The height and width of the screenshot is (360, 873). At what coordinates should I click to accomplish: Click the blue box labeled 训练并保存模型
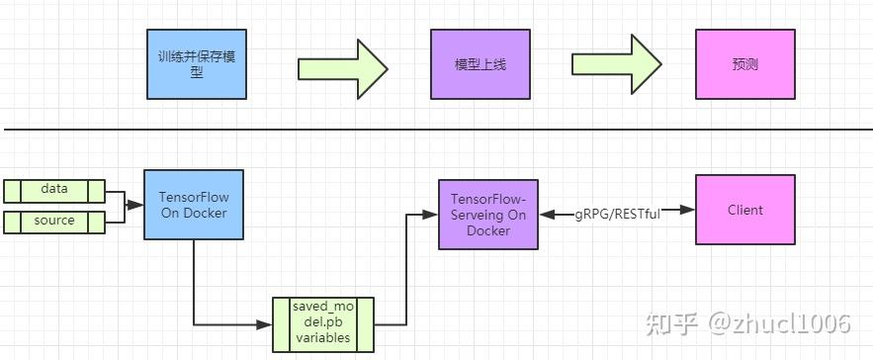[196, 64]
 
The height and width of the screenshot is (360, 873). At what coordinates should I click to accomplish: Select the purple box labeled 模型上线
[480, 64]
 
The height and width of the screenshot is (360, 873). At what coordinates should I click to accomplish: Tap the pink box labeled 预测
[744, 64]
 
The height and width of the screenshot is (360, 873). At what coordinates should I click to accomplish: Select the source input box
[54, 222]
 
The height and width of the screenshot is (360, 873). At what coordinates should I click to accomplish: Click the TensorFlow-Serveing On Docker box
[487, 215]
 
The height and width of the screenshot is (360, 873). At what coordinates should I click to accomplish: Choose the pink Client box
[744, 210]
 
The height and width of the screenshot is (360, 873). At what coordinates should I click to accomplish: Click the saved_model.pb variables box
[323, 323]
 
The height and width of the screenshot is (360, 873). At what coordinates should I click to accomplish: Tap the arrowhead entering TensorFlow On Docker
[139, 205]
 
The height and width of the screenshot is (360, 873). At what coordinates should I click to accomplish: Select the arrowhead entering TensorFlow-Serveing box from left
[433, 211]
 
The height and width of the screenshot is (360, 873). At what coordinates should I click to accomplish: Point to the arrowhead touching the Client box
[689, 211]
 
